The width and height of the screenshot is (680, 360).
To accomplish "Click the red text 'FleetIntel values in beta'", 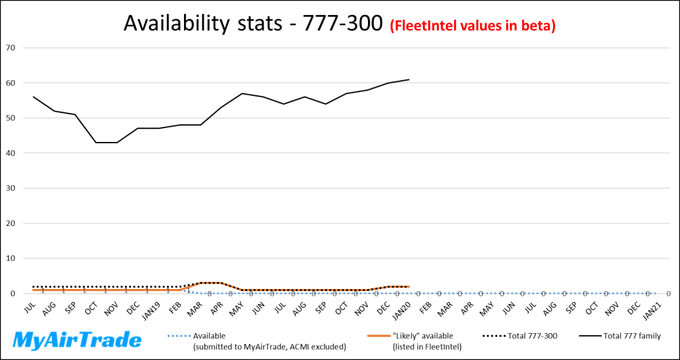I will click(x=473, y=26).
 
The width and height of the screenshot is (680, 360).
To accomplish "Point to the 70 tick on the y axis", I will click(x=11, y=48).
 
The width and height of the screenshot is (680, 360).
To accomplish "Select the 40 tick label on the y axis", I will click(x=11, y=153).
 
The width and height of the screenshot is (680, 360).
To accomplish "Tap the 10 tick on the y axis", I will click(x=11, y=258).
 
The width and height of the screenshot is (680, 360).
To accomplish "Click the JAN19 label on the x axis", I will click(x=152, y=309).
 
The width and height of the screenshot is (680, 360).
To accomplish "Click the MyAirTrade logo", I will click(x=78, y=340).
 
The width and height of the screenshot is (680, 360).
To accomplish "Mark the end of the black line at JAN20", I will click(x=409, y=79).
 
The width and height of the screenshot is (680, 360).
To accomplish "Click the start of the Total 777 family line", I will click(x=33, y=97).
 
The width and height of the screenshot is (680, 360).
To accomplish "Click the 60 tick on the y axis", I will click(x=11, y=83).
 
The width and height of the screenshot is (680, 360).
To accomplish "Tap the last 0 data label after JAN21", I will click(x=668, y=294).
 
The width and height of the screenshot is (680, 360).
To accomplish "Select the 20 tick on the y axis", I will click(x=11, y=223).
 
